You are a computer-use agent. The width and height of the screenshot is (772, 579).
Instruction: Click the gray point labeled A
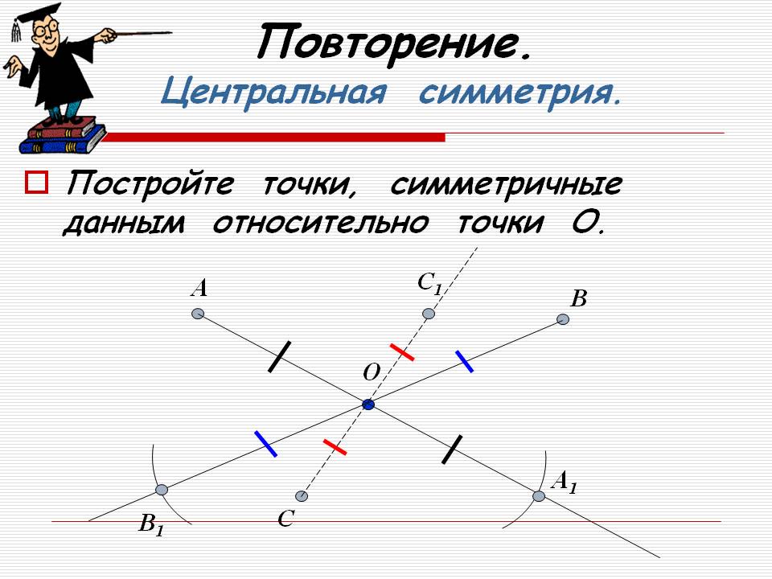(198, 314)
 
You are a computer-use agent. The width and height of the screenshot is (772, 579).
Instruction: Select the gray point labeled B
(563, 319)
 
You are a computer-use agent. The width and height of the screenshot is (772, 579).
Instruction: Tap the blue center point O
(368, 404)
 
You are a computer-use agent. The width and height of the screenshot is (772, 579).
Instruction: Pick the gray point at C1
(429, 314)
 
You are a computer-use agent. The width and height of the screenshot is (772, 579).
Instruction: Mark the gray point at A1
(539, 496)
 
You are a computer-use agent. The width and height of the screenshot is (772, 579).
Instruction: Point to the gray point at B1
(162, 490)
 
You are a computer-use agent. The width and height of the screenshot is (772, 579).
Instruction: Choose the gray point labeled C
(302, 496)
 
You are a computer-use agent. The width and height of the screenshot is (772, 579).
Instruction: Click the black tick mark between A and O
(279, 356)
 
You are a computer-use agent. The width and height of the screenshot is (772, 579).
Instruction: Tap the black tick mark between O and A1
(452, 449)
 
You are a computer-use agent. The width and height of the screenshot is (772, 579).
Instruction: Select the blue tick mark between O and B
(464, 361)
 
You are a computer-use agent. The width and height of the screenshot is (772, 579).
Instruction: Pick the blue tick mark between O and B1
(266, 444)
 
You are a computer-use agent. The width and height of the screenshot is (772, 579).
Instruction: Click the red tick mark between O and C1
(402, 352)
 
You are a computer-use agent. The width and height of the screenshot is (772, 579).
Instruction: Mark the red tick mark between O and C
(335, 447)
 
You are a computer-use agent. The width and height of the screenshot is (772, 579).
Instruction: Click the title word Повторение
(394, 43)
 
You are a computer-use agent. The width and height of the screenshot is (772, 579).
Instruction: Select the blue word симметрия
(520, 93)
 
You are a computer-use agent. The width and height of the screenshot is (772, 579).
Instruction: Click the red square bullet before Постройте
(36, 183)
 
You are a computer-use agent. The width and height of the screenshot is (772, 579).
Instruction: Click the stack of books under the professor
(63, 135)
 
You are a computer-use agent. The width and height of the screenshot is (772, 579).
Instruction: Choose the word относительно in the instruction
(321, 223)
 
